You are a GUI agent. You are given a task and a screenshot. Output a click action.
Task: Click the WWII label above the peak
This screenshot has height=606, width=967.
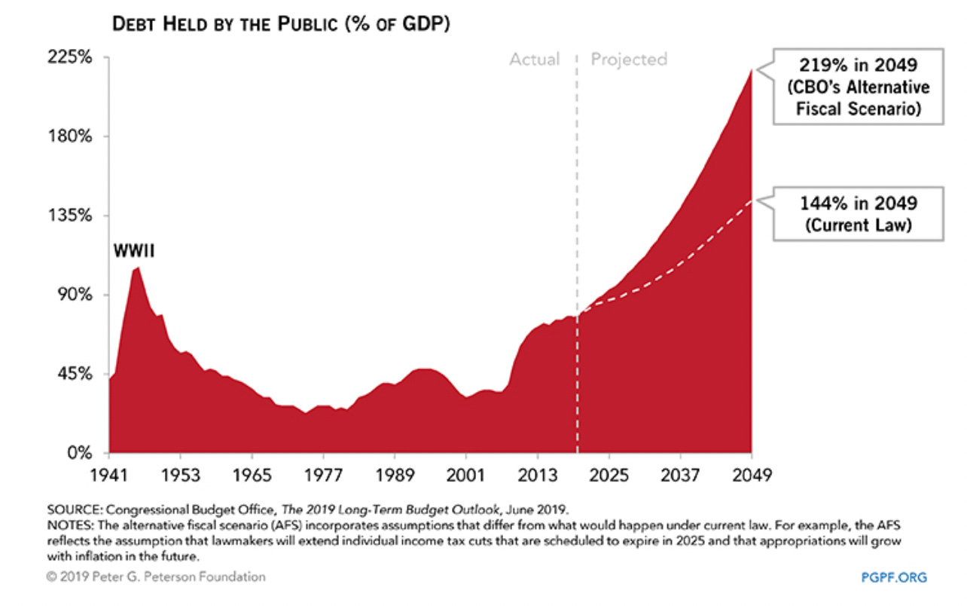pos(134,251)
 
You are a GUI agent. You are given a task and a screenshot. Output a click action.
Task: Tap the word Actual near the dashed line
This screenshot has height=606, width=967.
pos(535,59)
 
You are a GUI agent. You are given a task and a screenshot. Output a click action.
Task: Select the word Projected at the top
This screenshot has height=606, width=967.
pos(629,59)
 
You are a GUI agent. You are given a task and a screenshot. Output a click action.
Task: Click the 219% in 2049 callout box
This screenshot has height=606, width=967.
pos(859,87)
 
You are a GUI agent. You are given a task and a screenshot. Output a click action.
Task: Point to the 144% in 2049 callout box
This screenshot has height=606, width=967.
pos(859,214)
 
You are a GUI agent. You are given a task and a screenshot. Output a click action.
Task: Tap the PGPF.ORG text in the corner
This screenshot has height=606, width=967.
pos(894,577)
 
